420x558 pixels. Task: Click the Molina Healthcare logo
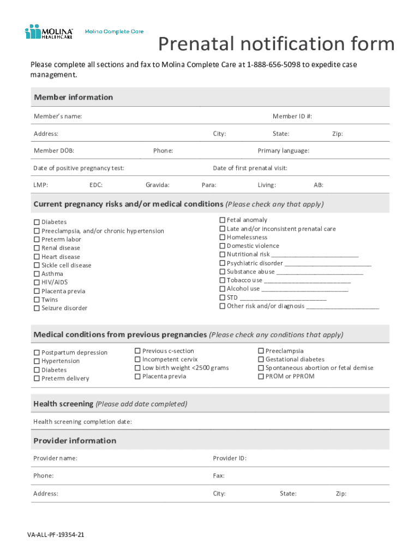49,32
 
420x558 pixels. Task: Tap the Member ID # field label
292,116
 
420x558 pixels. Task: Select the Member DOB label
54,150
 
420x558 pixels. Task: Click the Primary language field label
283,150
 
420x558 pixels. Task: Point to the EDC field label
96,185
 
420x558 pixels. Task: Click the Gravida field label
157,185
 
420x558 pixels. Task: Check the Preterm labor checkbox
37,240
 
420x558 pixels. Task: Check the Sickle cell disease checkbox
37,265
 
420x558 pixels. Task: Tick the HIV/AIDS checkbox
37,283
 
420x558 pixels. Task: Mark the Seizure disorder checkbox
37,308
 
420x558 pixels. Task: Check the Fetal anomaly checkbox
223,220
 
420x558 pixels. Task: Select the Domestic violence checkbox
223,246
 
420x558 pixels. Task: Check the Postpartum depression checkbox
37,353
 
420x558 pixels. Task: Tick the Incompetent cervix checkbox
138,360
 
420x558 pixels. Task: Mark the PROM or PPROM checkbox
261,377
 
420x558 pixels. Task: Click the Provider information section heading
75,440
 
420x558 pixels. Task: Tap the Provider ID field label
229,458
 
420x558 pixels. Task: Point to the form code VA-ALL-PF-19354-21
56,535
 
